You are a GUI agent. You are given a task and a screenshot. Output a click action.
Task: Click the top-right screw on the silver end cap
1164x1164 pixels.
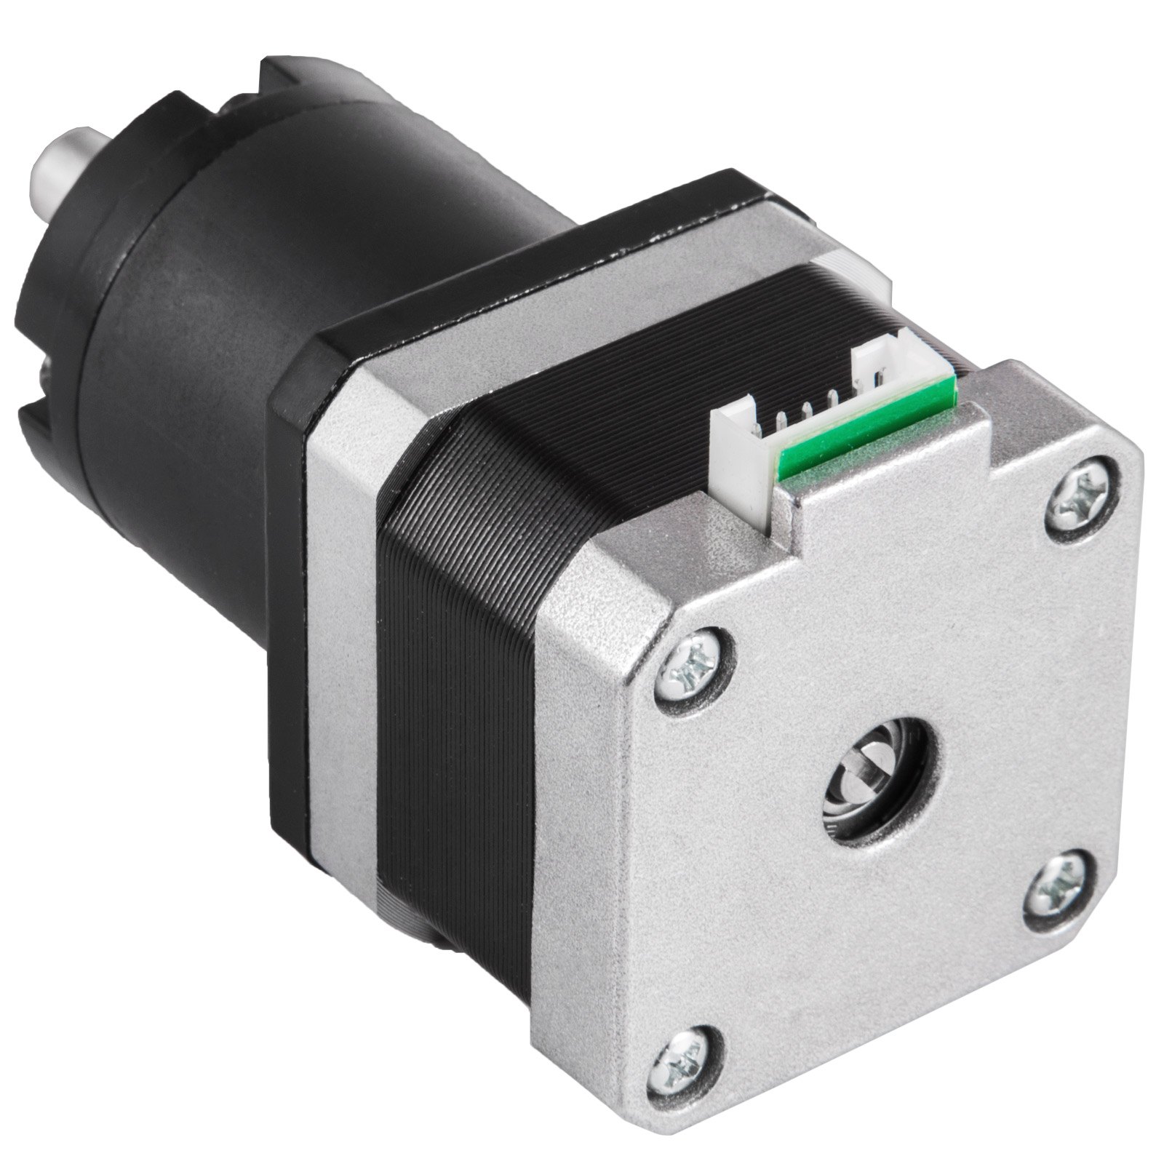point(1082,490)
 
